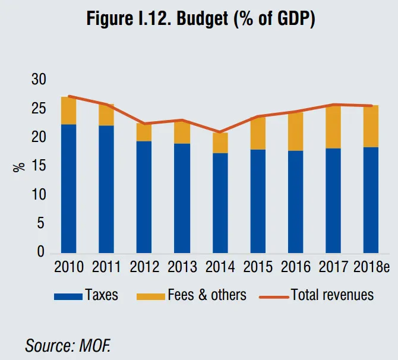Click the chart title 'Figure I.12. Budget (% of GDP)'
pyautogui.click(x=201, y=18)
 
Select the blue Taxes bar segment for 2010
pyautogui.click(x=68, y=188)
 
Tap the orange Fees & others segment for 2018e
pyautogui.click(x=371, y=126)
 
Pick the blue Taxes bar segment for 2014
pyautogui.click(x=220, y=203)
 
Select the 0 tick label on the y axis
pyautogui.click(x=40, y=252)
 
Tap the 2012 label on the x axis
pyautogui.click(x=144, y=267)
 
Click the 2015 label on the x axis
pyautogui.click(x=258, y=267)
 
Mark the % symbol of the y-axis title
pyautogui.click(x=19, y=167)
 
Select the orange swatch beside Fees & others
pyautogui.click(x=150, y=295)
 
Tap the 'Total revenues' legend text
pyautogui.click(x=333, y=295)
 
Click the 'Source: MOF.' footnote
pyautogui.click(x=68, y=345)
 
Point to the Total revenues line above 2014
pyautogui.click(x=220, y=132)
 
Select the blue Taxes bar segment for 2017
pyautogui.click(x=333, y=200)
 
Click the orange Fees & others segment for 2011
pyautogui.click(x=106, y=115)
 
